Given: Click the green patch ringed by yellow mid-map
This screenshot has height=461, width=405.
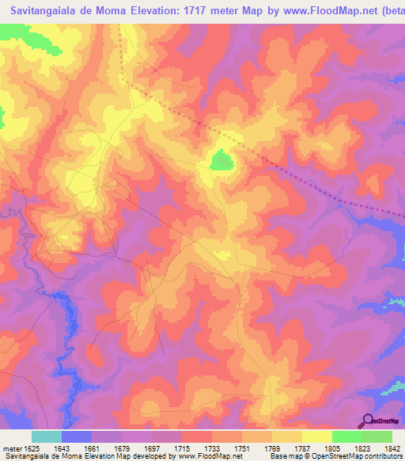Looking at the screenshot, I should click(x=221, y=162).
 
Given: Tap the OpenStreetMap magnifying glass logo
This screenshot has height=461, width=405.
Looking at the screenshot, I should click(x=366, y=421).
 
